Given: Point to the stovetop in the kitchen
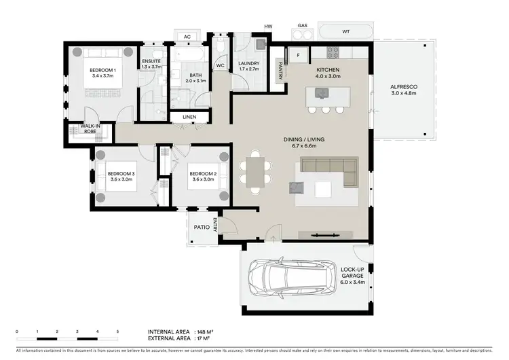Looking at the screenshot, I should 333,52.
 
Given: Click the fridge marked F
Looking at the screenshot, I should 298,54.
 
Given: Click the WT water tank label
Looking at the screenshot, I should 345,31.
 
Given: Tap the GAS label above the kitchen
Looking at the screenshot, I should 303,26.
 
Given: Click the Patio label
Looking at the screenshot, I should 200,228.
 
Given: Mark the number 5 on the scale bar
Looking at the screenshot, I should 118,331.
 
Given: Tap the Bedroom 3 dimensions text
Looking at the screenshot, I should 121,180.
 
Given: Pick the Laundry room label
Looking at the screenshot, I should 249,63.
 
